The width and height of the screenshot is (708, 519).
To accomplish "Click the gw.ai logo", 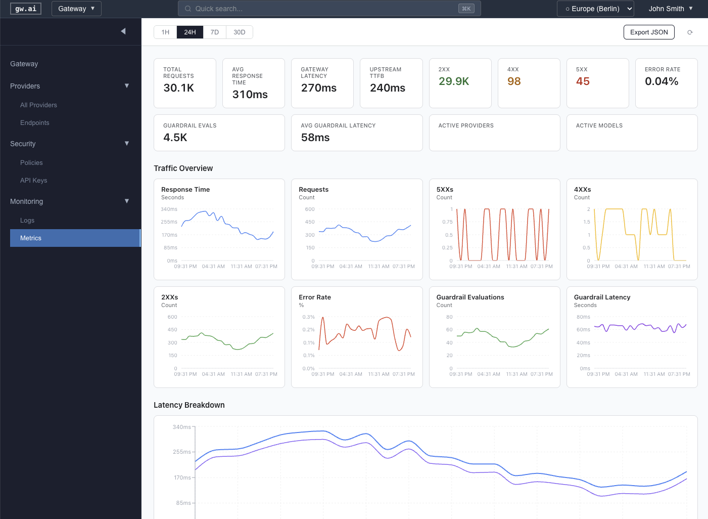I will [x=25, y=9].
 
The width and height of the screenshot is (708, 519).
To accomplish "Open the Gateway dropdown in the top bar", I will [x=76, y=9].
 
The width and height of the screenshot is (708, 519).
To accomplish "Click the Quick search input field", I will [x=323, y=9].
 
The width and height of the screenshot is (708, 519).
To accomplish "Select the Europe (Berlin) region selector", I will [x=595, y=9].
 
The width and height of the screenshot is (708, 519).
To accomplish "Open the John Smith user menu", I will [x=670, y=9].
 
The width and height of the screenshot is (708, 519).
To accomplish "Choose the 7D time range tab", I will [x=215, y=32].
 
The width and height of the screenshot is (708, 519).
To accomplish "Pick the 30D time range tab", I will [x=239, y=32].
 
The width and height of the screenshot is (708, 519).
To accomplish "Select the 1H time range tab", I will [x=165, y=32].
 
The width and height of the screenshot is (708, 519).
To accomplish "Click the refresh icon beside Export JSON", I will [x=690, y=32].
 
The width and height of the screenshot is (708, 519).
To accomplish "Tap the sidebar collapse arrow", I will [x=123, y=31].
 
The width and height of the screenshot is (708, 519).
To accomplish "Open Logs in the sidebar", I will [x=27, y=221].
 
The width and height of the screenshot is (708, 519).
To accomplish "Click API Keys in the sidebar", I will [x=33, y=181].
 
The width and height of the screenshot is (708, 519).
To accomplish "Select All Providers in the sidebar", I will [x=38, y=105].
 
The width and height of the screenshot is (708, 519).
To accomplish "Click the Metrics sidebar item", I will [x=31, y=238].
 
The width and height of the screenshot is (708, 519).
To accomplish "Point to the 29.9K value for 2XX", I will [x=454, y=81].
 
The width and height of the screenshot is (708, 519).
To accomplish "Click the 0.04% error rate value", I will [x=661, y=81].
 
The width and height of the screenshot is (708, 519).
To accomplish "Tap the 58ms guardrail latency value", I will [x=315, y=138].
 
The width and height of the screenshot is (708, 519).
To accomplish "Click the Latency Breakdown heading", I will [x=189, y=405].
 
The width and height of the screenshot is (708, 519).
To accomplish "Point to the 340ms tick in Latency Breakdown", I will [x=181, y=427].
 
